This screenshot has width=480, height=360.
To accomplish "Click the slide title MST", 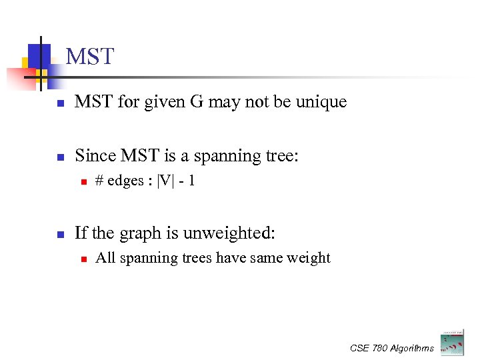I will (91, 57).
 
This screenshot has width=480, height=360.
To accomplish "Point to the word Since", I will (95, 156).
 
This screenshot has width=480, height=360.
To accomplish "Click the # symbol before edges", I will (99, 181).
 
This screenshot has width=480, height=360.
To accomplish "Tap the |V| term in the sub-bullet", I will (163, 181).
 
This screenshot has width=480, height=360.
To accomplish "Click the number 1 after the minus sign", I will (191, 181).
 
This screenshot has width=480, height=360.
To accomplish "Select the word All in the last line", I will (105, 258).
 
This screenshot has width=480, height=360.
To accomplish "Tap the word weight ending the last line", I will (311, 258).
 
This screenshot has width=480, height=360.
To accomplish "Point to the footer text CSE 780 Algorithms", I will (392, 348).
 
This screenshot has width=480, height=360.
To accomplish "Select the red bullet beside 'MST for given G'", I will (59, 103).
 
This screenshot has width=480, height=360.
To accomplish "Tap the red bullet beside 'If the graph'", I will (59, 234).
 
